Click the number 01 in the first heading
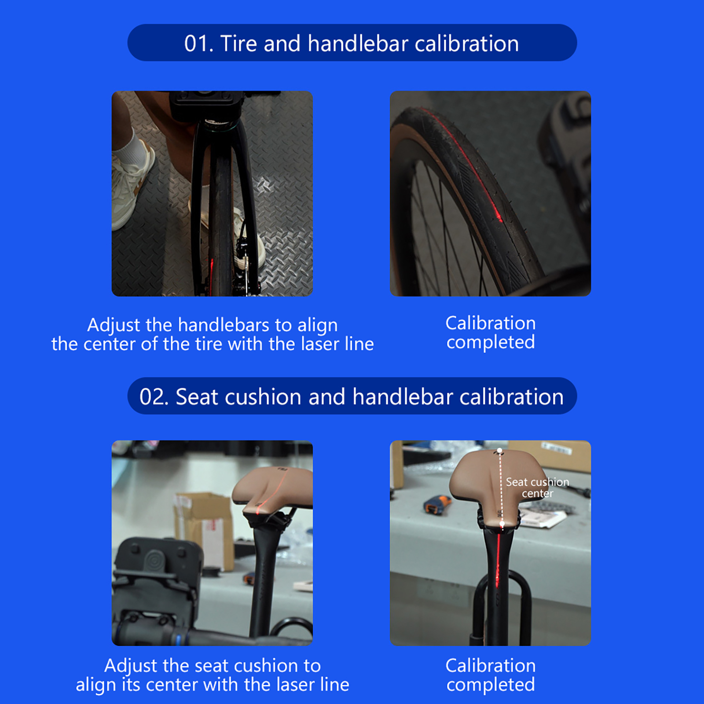[198, 44]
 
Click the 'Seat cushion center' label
[537, 488]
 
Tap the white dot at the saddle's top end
[499, 451]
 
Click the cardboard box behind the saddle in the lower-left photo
[205, 528]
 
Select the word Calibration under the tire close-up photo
[491, 323]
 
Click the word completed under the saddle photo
[491, 685]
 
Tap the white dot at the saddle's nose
[502, 524]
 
